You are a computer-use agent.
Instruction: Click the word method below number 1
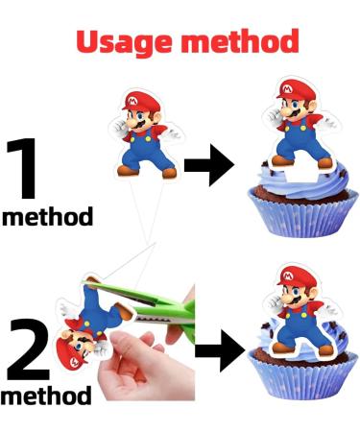click(48, 216)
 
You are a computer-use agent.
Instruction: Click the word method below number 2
click(47, 395)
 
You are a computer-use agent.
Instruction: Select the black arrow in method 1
click(208, 166)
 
